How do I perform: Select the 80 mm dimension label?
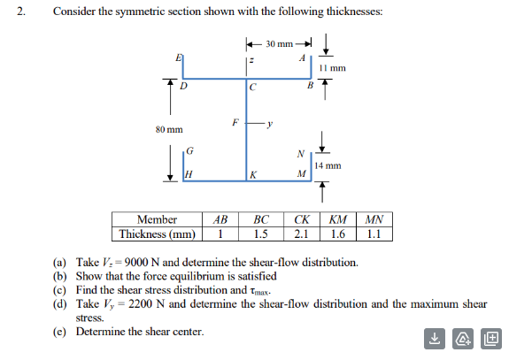click(168, 129)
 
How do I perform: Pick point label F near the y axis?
click(235, 123)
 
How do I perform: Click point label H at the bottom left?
click(187, 174)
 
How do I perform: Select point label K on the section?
click(254, 175)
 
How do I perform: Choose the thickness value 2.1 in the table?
click(301, 234)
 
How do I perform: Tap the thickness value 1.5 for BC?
click(260, 234)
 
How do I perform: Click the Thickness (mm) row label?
click(157, 234)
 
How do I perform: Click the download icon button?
click(435, 337)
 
